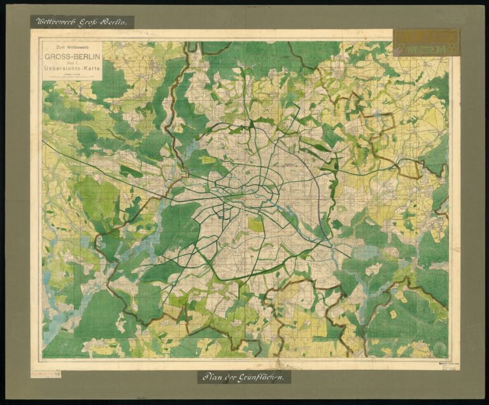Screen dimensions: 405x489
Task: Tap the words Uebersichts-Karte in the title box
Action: (x=71, y=68)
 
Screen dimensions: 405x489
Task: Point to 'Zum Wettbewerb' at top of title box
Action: (x=71, y=47)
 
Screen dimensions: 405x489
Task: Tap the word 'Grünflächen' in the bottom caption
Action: (x=261, y=377)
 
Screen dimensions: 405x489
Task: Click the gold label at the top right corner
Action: (x=426, y=42)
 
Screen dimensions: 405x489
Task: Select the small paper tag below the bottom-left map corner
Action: (x=46, y=373)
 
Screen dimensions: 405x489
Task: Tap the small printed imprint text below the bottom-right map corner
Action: (x=449, y=365)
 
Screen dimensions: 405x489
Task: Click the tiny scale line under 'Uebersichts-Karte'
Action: (x=71, y=75)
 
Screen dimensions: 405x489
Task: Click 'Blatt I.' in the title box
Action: (x=71, y=61)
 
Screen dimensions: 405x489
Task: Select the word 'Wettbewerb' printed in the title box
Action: (x=76, y=47)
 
